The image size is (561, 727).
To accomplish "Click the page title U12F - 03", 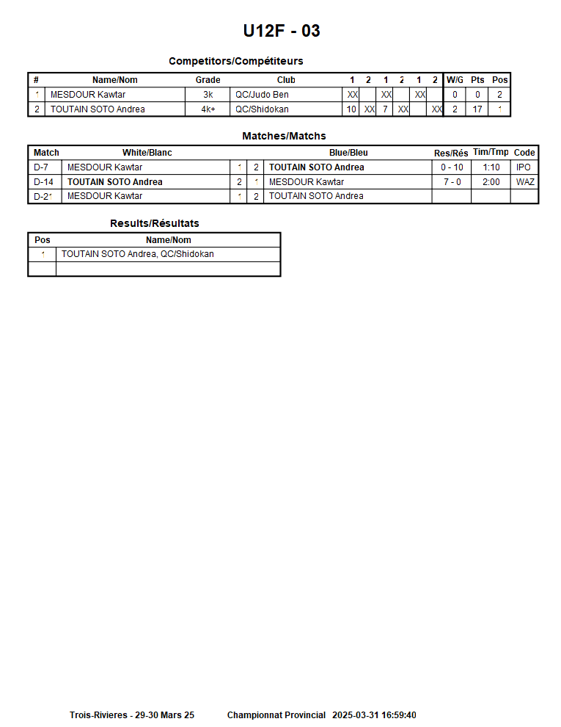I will coord(282,31).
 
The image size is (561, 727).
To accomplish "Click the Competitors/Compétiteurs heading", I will coord(235,61).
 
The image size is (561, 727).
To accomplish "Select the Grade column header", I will coord(208,80).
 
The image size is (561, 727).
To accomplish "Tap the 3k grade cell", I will coord(208,95).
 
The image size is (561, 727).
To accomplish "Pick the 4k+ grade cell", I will coord(208,109).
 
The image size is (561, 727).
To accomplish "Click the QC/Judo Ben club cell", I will coord(262,95).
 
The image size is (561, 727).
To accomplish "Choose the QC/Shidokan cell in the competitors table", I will coord(262,109).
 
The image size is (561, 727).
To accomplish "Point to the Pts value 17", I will coord(477,109).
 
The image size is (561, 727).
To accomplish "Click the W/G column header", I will coord(455,80).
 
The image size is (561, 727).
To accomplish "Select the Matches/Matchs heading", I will coord(284,136).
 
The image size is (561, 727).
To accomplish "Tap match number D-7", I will coord(42,167).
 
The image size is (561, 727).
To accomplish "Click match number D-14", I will coord(44,182).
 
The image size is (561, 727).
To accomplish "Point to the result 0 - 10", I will coord(452,167).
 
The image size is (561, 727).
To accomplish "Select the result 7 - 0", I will coord(452,182).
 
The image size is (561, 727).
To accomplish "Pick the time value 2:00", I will coord(491,182).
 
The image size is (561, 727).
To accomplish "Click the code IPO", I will coord(524,167).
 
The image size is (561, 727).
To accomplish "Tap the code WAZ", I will coord(525,182).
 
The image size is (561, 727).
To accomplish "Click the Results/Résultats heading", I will coord(154,223).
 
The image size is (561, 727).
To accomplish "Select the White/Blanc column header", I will coord(147,153).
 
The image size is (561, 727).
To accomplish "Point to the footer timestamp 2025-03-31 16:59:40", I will coord(374,715).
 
